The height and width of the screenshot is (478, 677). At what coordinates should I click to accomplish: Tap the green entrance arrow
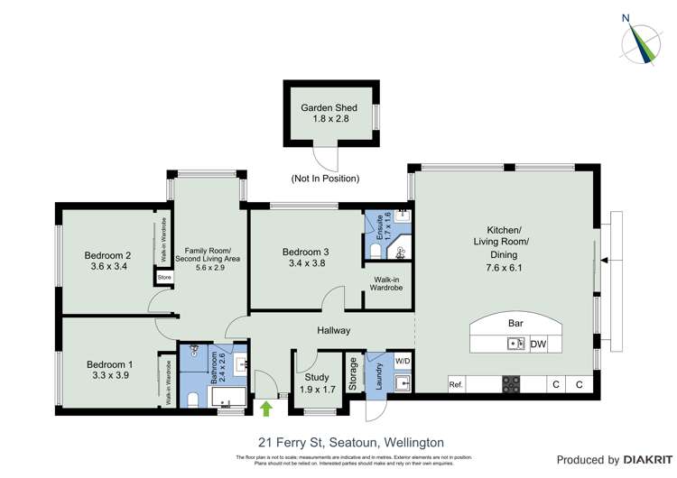click(x=266, y=409)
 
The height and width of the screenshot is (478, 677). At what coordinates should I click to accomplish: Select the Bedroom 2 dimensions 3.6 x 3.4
click(x=109, y=267)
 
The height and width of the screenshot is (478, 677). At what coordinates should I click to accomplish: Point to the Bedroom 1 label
click(x=109, y=364)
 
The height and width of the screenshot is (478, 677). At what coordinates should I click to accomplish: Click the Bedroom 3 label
click(x=305, y=251)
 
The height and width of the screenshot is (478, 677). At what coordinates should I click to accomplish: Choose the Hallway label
click(x=332, y=331)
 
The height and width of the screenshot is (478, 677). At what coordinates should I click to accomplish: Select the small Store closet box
click(x=164, y=278)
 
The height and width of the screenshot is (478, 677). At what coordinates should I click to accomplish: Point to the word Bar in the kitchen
click(x=516, y=321)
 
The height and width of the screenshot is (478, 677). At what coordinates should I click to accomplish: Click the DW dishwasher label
click(x=538, y=344)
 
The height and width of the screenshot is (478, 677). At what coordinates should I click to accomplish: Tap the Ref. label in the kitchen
click(x=455, y=385)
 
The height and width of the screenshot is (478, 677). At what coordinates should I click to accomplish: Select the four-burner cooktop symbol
click(x=511, y=384)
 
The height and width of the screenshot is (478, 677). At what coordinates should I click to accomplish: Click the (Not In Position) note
click(x=325, y=179)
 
